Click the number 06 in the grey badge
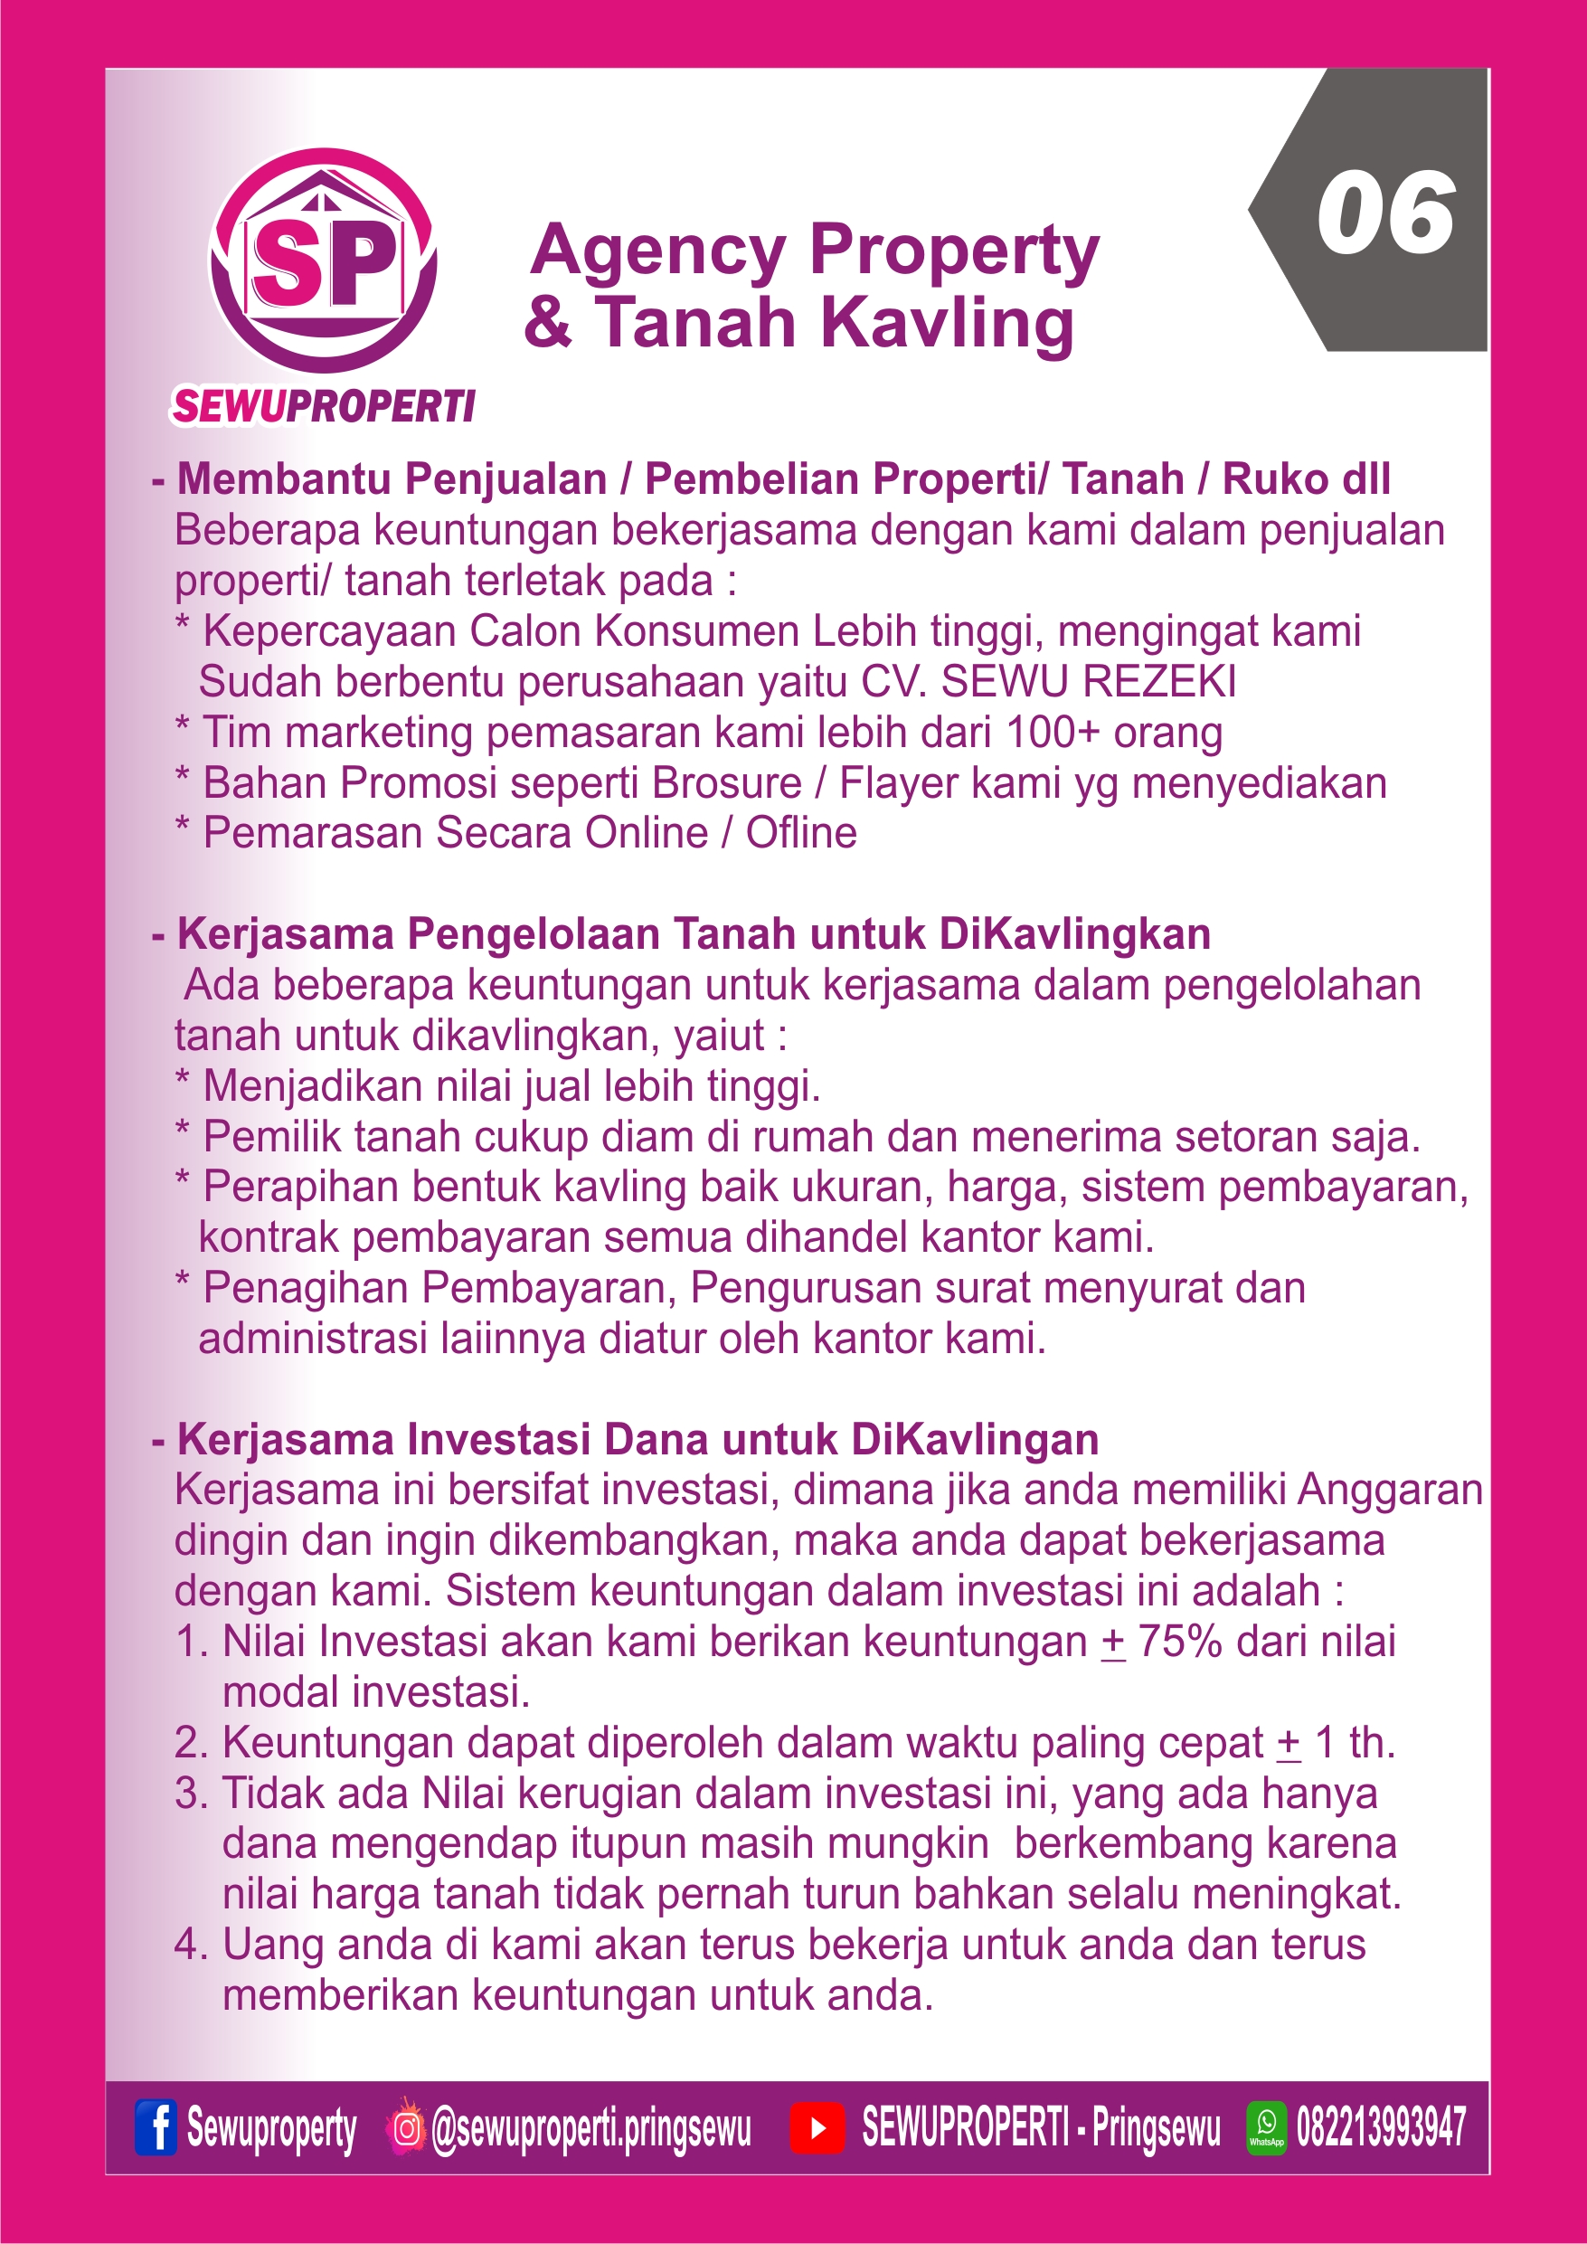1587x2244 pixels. click(x=1384, y=213)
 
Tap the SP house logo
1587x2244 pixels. click(x=324, y=260)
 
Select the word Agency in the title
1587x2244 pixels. click(x=657, y=251)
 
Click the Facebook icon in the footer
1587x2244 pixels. click(x=156, y=2127)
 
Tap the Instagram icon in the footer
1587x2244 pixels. click(x=407, y=2128)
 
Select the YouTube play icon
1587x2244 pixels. click(x=817, y=2128)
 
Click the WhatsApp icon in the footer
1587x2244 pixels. click(x=1267, y=2128)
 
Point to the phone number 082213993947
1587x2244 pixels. click(x=1381, y=2128)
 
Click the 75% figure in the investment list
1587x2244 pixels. click(x=1179, y=1642)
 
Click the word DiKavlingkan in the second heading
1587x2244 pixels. click(x=1074, y=934)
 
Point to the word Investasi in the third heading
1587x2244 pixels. click(x=498, y=1440)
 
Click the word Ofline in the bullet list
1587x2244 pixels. click(x=801, y=833)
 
